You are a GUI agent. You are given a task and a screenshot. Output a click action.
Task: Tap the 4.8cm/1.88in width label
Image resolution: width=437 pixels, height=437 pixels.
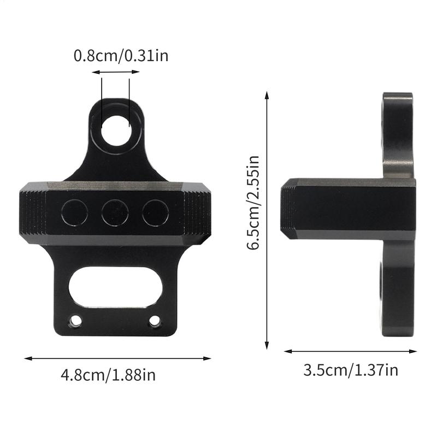point(108,375)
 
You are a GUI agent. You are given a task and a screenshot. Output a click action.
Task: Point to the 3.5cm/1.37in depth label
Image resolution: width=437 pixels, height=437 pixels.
point(350,370)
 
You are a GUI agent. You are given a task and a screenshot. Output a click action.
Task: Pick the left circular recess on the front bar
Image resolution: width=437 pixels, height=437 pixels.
point(74,212)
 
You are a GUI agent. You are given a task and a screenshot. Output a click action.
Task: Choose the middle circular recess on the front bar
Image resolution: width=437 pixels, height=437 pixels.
point(115,212)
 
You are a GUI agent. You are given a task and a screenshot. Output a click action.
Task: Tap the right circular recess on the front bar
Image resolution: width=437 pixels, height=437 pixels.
point(155,212)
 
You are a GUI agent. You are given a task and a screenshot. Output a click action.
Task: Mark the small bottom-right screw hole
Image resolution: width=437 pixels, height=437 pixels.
point(155,321)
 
